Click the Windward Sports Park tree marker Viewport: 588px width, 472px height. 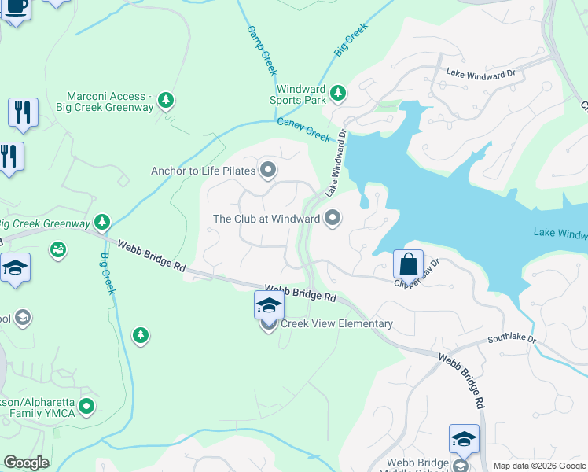[338, 94]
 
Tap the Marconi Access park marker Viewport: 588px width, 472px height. [165, 100]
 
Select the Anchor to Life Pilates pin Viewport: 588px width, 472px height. [268, 170]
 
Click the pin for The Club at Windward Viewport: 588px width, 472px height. [333, 218]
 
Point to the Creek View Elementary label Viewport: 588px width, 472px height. [336, 323]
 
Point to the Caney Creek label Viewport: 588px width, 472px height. [303, 130]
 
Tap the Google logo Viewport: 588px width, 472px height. [26, 463]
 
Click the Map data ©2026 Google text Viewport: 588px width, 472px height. [539, 466]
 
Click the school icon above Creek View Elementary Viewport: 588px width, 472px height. [269, 304]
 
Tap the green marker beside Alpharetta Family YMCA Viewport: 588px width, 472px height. [86, 407]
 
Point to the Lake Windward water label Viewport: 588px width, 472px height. [560, 233]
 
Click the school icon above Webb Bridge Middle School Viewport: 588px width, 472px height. [464, 438]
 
